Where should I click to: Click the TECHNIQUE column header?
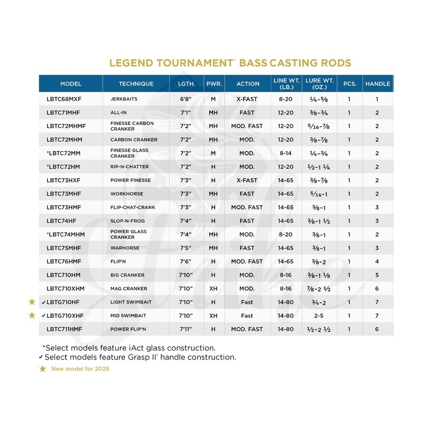click(x=136, y=84)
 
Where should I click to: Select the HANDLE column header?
click(x=378, y=84)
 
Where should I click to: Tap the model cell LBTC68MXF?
click(x=66, y=99)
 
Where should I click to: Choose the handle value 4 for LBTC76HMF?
click(x=377, y=261)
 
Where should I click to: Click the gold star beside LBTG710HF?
click(x=32, y=302)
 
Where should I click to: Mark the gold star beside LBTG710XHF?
click(x=32, y=316)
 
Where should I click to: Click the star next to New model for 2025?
click(x=42, y=369)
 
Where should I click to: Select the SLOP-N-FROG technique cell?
click(x=127, y=221)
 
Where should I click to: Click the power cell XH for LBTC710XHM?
click(x=214, y=289)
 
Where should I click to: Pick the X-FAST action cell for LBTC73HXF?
click(x=247, y=180)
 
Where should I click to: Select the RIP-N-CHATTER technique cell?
click(x=130, y=167)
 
